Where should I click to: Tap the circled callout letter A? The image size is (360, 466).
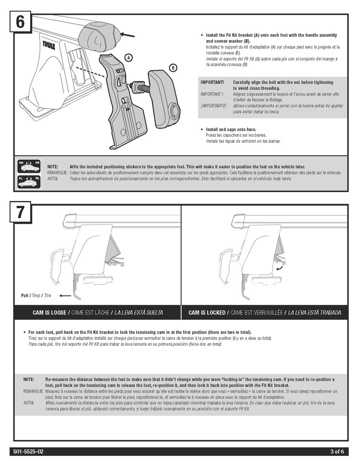tap(129, 57)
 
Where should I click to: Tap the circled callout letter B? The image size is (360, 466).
tap(173, 68)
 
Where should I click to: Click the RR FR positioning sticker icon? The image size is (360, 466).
tap(29, 166)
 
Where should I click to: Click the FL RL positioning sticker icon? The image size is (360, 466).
tap(29, 181)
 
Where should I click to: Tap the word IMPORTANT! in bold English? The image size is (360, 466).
tap(212, 82)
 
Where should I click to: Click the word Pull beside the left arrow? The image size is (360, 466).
tap(25, 295)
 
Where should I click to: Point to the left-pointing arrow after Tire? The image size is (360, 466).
tap(65, 295)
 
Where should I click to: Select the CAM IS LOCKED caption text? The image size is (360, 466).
tap(207, 312)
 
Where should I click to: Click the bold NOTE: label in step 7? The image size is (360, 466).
tap(28, 380)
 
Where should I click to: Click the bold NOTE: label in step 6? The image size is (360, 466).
tap(53, 166)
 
